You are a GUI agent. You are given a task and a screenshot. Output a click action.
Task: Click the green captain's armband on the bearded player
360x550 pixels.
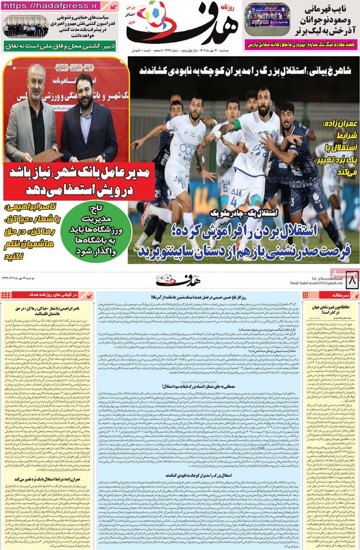[x=236, y=126]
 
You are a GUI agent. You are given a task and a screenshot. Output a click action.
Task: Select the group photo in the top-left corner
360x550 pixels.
[x=25, y=26]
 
